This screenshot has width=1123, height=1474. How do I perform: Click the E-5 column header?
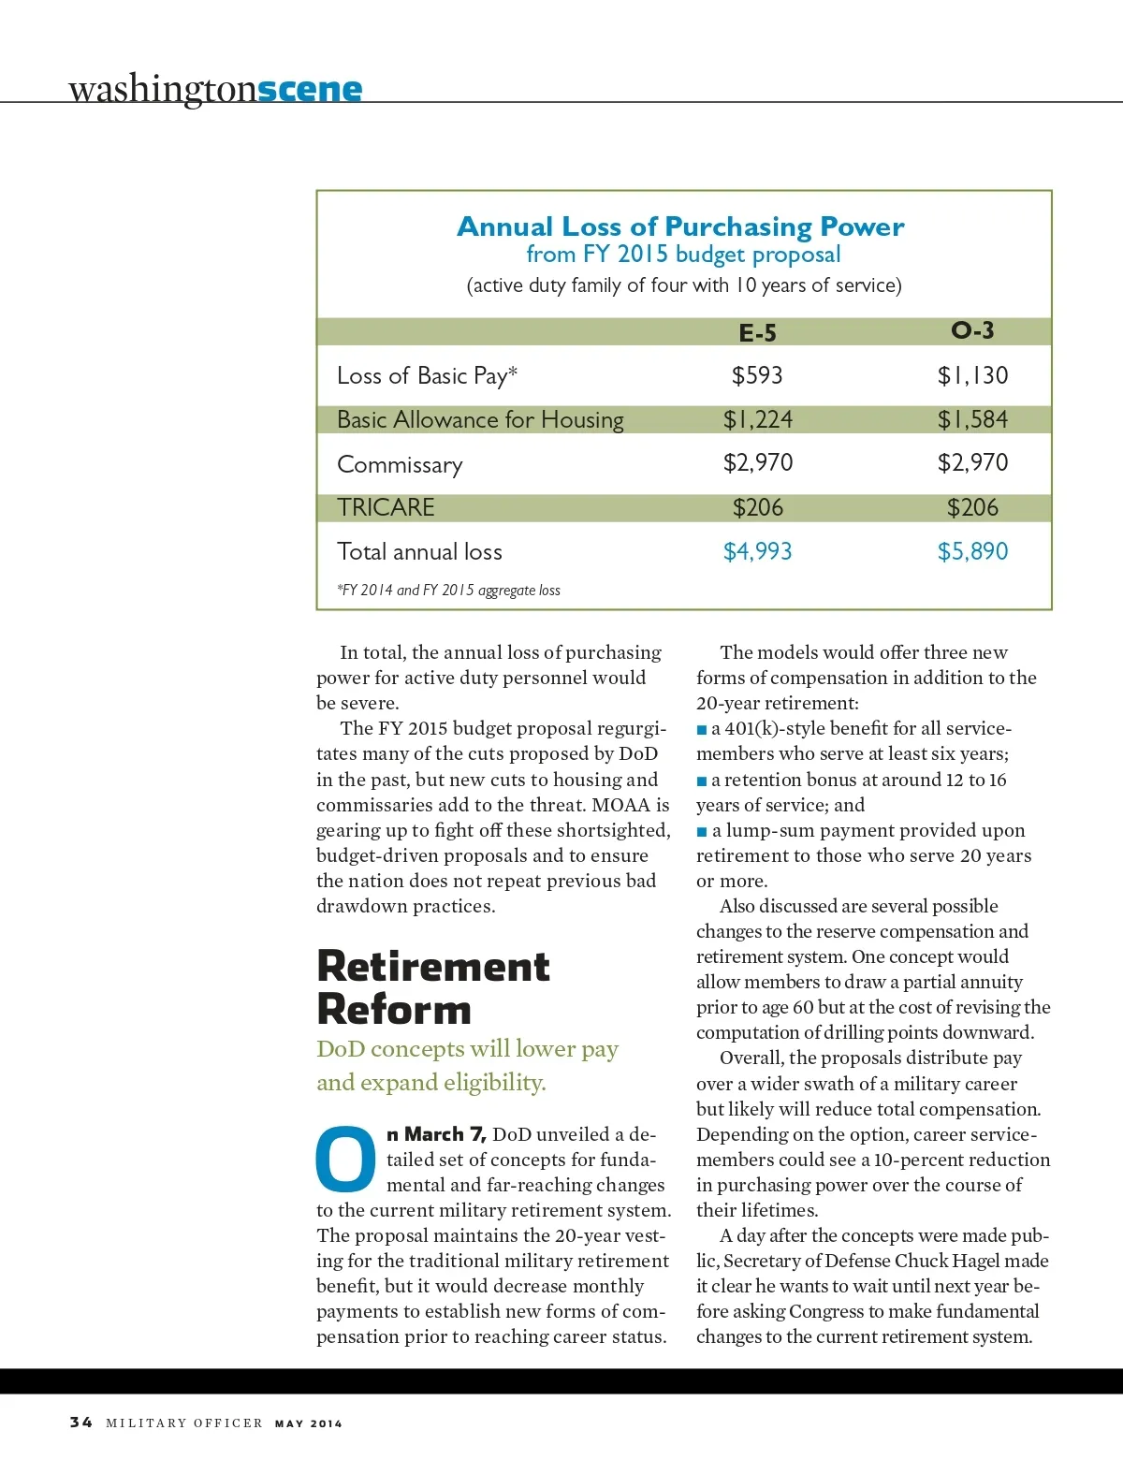[757, 333]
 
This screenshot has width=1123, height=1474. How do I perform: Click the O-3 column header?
[972, 330]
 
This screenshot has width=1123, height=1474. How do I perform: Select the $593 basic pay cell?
[757, 375]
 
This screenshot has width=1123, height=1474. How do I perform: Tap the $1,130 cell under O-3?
[972, 375]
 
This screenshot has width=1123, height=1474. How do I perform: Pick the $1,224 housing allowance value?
[757, 419]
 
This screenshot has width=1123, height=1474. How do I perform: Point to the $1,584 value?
[972, 419]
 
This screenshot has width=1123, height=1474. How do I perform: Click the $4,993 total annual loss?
[757, 551]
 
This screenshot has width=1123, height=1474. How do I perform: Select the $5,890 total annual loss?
[972, 551]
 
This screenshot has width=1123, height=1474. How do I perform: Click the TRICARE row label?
[386, 507]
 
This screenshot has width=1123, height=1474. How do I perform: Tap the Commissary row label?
[400, 464]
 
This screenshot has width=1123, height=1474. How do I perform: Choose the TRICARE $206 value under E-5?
[757, 507]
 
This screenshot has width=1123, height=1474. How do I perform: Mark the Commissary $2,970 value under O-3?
[972, 462]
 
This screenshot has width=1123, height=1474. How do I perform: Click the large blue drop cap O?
[345, 1159]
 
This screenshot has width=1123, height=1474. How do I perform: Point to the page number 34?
[81, 1423]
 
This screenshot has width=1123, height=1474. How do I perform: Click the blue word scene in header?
[310, 90]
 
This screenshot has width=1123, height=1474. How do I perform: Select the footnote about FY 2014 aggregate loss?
[448, 591]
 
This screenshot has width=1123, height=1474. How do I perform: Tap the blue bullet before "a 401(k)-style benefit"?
[702, 729]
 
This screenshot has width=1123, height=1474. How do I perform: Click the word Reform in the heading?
[394, 1009]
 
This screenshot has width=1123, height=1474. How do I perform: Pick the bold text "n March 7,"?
[436, 1134]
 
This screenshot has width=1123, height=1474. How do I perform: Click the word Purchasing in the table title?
[738, 226]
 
